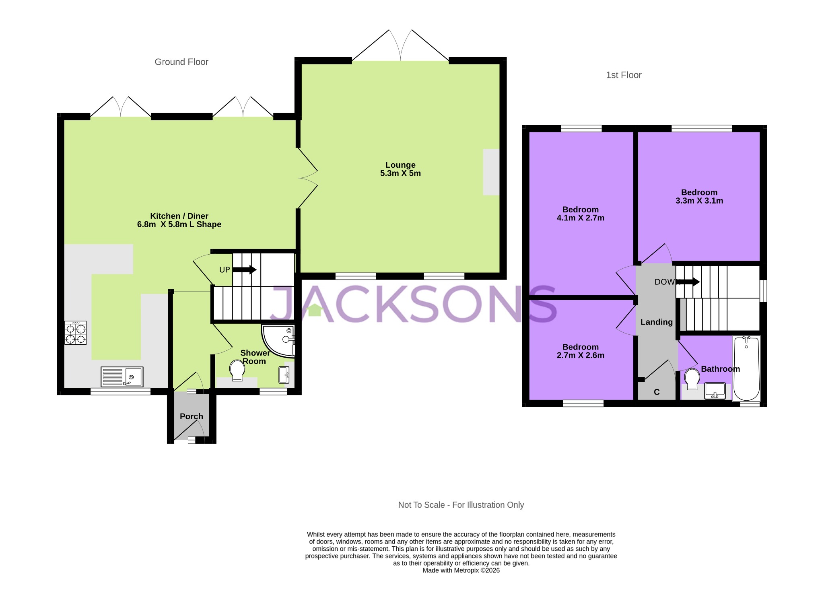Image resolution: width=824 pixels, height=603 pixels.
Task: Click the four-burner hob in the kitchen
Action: [x=76, y=333]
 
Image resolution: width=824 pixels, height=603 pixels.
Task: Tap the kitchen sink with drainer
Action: [x=122, y=377]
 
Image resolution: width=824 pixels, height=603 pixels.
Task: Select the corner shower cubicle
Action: [x=279, y=340]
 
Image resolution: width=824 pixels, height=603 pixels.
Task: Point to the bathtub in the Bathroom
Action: [x=747, y=368]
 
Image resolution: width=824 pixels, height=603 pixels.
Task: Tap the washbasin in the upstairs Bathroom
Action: [x=715, y=391]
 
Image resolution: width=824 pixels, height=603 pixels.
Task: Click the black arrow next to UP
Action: [x=244, y=270]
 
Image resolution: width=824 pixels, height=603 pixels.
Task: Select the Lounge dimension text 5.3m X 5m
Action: [x=400, y=173]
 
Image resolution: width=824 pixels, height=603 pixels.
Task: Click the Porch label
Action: [x=192, y=416]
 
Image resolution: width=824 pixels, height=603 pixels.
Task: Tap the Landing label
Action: [x=657, y=322]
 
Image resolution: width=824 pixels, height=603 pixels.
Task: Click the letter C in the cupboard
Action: [x=657, y=392]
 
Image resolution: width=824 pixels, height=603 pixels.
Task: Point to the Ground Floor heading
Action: [x=181, y=62]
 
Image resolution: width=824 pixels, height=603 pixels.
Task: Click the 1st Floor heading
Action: [x=624, y=75]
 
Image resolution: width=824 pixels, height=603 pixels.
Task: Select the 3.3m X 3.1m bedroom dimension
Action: [x=699, y=201]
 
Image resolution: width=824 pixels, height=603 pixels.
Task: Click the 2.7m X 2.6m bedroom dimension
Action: [x=580, y=355]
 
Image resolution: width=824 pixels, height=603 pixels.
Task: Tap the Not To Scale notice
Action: [x=461, y=505]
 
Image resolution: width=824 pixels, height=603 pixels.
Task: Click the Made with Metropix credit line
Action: [x=461, y=570]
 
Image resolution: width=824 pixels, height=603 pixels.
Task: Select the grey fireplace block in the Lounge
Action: [x=491, y=172]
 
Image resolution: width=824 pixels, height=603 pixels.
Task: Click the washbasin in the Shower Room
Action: [x=284, y=375]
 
